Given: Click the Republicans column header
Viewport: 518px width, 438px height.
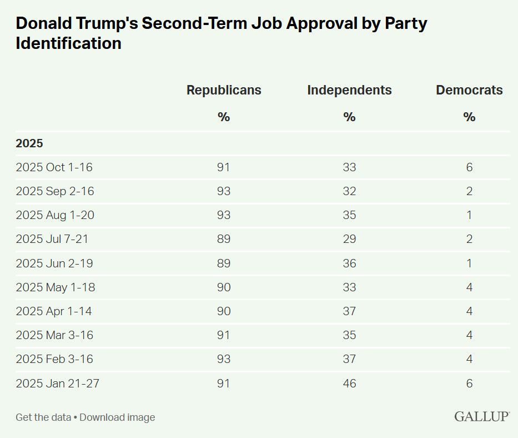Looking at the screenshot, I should (x=224, y=90).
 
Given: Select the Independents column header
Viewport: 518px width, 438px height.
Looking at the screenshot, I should (x=349, y=90).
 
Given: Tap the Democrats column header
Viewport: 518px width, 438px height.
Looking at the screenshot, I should (x=469, y=90).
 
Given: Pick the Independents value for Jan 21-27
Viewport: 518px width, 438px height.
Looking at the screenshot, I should (x=349, y=384).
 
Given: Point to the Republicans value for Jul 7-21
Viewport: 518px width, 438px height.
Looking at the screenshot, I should (x=224, y=240).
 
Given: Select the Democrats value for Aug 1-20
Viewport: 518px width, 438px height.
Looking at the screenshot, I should (x=469, y=215).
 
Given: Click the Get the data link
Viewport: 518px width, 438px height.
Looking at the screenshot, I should (x=43, y=417).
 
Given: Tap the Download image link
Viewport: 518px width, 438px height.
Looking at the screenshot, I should (x=117, y=417).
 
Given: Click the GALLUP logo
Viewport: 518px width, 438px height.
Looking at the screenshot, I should (x=482, y=417).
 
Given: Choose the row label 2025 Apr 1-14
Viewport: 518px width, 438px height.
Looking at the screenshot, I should (x=53, y=311).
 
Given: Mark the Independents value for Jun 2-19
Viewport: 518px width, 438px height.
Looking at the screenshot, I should (x=349, y=263).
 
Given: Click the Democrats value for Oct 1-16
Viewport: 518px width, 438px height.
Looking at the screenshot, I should (x=469, y=167).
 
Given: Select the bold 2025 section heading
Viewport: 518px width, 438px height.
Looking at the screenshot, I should (x=29, y=143).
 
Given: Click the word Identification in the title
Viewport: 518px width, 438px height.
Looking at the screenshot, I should (x=68, y=43).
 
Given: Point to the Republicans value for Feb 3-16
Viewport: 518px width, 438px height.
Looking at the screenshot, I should (x=224, y=360).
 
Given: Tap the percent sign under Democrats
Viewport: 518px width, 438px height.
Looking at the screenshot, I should (x=469, y=117).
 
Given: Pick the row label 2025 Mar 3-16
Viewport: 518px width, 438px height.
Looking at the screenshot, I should (x=54, y=336).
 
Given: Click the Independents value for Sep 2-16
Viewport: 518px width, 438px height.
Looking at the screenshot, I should (x=349, y=191).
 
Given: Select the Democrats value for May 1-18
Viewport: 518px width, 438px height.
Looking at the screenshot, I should (x=469, y=287).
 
